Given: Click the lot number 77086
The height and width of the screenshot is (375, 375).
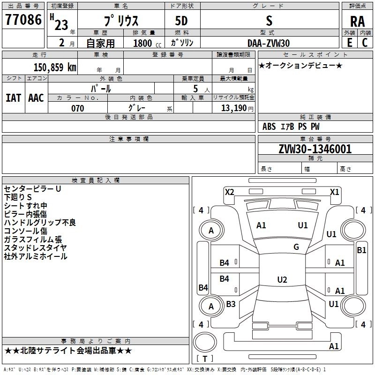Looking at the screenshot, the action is click(23, 20).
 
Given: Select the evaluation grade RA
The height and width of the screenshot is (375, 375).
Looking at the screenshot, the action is click(357, 22).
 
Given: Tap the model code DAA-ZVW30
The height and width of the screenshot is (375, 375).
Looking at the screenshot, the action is click(269, 43).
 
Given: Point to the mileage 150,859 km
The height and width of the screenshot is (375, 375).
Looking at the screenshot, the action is click(55, 67).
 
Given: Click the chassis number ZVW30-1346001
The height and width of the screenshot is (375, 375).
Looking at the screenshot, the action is click(315, 149).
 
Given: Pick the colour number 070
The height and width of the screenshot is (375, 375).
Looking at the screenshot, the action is click(78, 108).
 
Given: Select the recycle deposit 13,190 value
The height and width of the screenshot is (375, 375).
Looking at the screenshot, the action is click(234, 108).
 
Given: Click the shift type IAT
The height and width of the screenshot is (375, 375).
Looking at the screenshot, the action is click(13, 98).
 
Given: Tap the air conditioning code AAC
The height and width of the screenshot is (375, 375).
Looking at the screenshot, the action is click(36, 98).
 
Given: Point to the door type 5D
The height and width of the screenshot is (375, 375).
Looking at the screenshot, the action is click(181, 21).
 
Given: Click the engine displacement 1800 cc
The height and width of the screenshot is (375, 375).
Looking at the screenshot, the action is click(147, 43).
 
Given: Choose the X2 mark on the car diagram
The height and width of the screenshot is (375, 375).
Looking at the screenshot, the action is click(229, 192).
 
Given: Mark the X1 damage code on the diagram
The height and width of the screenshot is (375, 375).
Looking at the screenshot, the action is click(334, 192).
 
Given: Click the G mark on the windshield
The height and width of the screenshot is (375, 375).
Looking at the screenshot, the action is click(296, 247).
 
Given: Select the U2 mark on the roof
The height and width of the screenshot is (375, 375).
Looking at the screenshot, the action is click(282, 279).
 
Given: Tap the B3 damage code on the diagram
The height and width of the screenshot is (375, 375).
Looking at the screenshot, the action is click(231, 304).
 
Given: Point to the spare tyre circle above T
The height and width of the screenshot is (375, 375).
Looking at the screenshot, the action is click(205, 342).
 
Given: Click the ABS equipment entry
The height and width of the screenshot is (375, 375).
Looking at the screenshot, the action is click(269, 127).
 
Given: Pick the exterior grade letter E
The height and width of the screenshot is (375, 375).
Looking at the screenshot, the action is click(350, 43).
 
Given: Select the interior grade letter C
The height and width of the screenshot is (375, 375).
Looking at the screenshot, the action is click(365, 43).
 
